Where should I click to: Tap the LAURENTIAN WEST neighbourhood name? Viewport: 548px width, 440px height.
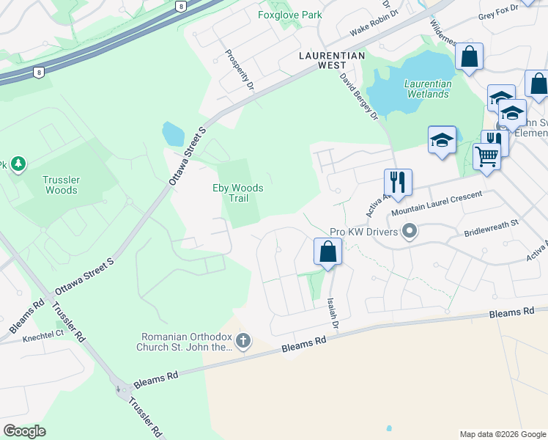pos(321,60)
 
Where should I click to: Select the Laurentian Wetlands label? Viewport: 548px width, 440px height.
pos(428,89)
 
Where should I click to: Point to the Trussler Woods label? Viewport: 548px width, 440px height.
pos(60,185)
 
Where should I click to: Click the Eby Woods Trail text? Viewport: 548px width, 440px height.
pos(237,194)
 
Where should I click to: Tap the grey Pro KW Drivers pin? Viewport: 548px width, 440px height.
pos(410,232)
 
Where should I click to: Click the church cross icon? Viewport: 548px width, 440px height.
pos(243,341)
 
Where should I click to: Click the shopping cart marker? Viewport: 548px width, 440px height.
pos(486,155)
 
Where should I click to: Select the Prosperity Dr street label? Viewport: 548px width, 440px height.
pos(239,70)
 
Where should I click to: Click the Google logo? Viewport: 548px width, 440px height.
pos(23,431)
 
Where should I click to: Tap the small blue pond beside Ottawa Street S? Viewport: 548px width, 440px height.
pos(174,133)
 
